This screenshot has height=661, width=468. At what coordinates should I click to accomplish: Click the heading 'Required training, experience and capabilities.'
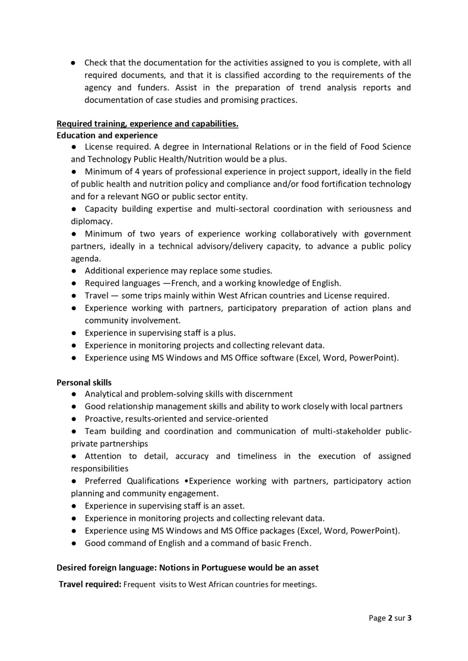click(x=147, y=124)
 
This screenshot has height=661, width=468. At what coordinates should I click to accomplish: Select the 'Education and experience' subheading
click(x=107, y=136)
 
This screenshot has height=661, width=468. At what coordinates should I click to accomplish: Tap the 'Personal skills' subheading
click(x=84, y=383)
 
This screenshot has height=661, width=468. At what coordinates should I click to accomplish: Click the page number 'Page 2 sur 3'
click(x=390, y=618)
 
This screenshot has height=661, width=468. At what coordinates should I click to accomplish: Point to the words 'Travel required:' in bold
click(x=90, y=584)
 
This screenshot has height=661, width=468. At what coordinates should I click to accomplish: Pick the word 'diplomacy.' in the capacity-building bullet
click(x=92, y=222)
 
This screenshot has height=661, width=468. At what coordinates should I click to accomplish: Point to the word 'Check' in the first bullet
click(x=96, y=63)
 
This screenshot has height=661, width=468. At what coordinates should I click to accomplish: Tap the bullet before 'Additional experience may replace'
click(x=74, y=271)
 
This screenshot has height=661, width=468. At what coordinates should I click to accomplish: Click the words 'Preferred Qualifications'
click(x=132, y=481)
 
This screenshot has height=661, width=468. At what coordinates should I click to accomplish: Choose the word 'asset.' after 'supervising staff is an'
click(x=233, y=506)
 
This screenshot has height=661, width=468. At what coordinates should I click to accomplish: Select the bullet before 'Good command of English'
click(x=74, y=544)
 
